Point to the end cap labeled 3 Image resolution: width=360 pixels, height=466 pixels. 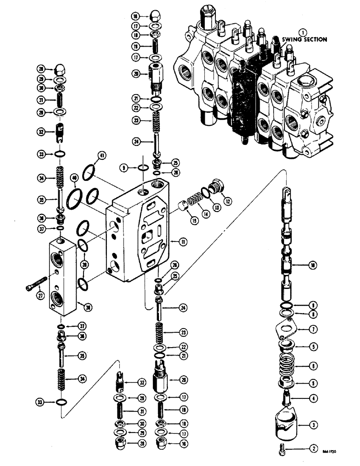pos(286,424)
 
